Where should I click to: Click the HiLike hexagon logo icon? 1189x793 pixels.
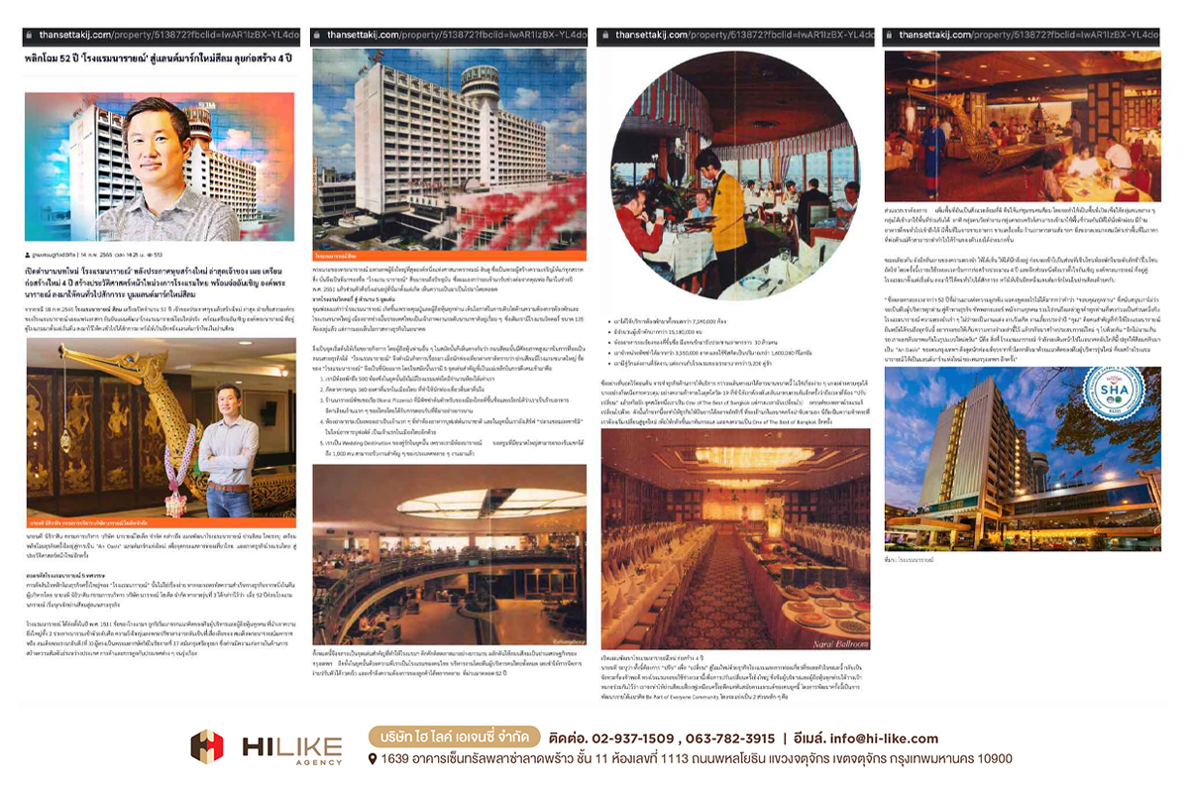(x=207, y=745)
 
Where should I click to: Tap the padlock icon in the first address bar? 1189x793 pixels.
(x=32, y=35)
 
